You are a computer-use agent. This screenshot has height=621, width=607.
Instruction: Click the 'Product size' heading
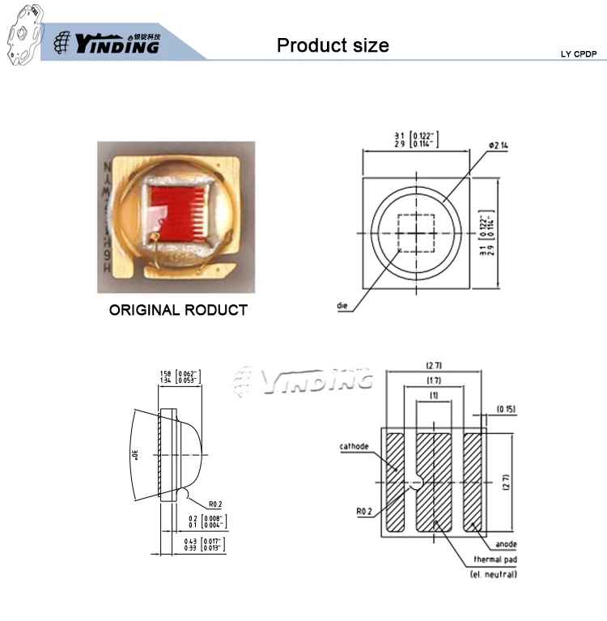click(x=333, y=45)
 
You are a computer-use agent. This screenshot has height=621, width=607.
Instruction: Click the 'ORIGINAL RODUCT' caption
click(x=178, y=310)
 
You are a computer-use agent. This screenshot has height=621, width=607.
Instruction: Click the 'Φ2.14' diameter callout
click(x=499, y=146)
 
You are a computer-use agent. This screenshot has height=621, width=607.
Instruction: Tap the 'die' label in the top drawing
click(x=343, y=305)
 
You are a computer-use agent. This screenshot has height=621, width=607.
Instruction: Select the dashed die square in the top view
click(x=417, y=230)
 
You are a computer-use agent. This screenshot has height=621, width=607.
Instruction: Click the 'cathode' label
click(x=355, y=446)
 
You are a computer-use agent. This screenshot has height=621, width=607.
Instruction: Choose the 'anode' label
click(x=507, y=544)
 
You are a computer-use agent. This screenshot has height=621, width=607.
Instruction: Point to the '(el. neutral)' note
click(x=494, y=574)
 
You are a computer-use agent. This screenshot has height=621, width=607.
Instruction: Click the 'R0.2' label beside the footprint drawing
click(x=365, y=512)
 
